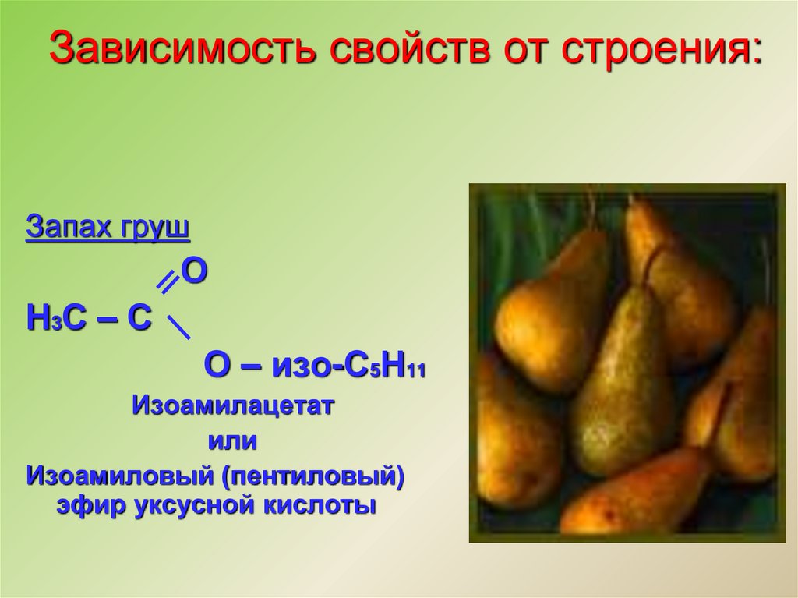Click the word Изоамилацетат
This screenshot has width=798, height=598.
click(x=232, y=406)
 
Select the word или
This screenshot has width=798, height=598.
click(x=231, y=441)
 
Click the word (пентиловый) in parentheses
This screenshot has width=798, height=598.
click(x=315, y=475)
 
